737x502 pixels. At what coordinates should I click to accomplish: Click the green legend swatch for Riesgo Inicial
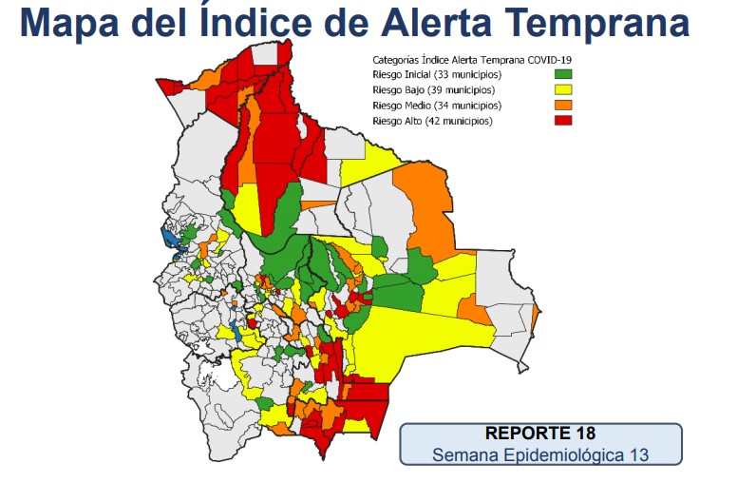point(563,74)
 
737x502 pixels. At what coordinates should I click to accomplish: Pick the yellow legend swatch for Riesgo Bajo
point(563,89)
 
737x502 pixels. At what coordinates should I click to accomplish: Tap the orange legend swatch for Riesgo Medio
point(563,105)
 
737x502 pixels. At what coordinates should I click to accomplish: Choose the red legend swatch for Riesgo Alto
point(563,120)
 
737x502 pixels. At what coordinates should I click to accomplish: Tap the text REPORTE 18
point(539,434)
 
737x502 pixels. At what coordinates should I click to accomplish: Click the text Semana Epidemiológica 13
point(539,454)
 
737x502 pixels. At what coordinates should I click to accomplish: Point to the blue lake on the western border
point(170,238)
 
